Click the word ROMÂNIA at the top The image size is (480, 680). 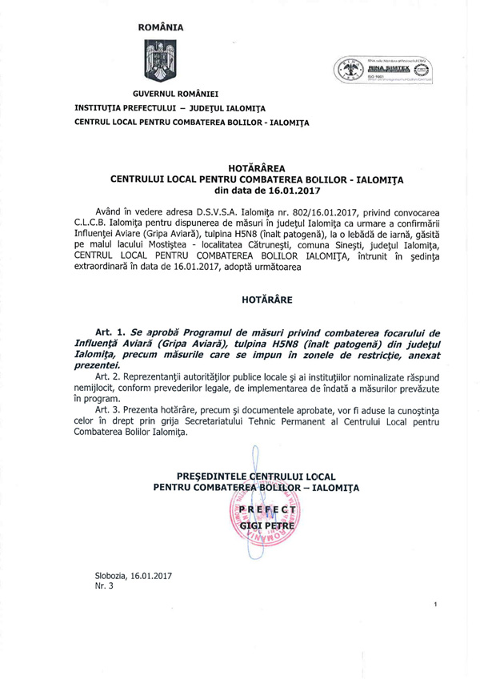pyautogui.click(x=161, y=27)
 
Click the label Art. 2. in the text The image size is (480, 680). pyautogui.click(x=111, y=375)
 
